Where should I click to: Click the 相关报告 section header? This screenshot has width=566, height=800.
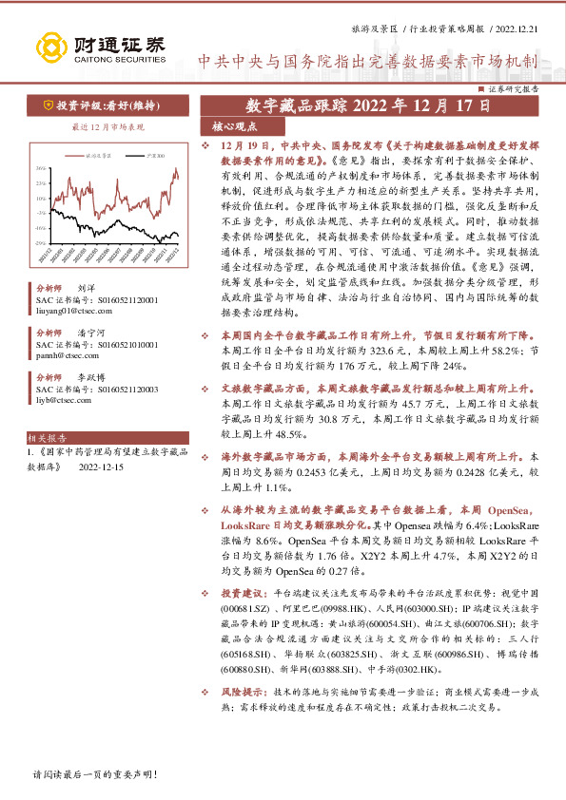tap(48, 440)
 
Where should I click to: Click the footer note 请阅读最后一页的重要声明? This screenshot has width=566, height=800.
tap(94, 774)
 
